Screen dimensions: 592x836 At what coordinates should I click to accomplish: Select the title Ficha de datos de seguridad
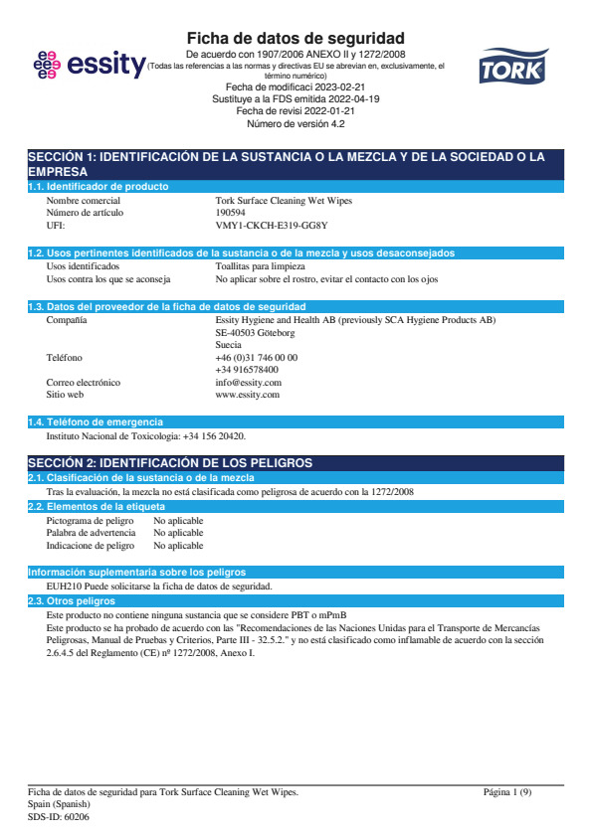tap(296, 38)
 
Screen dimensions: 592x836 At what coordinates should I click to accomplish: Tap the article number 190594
tap(232, 212)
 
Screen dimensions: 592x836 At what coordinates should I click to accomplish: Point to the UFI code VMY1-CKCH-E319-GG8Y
tap(271, 226)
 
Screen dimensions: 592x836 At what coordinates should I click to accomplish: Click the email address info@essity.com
tap(248, 382)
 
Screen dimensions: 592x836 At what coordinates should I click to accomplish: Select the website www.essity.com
tap(247, 395)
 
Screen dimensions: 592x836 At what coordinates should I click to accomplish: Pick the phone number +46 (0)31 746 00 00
tap(256, 357)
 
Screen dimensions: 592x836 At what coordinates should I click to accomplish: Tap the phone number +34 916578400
tap(247, 369)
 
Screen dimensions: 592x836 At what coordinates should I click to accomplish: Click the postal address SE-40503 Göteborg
tap(255, 333)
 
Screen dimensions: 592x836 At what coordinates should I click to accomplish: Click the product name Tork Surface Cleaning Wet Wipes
tap(284, 200)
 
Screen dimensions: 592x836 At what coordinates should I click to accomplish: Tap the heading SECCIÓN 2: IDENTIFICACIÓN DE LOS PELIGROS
tap(170, 463)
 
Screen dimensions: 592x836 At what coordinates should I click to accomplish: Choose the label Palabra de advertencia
tap(92, 533)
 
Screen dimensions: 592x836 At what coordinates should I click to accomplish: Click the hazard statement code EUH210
tap(65, 586)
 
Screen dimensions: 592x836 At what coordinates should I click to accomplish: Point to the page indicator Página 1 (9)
tap(507, 791)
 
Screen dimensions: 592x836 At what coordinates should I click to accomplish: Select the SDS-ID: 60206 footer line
tap(59, 815)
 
